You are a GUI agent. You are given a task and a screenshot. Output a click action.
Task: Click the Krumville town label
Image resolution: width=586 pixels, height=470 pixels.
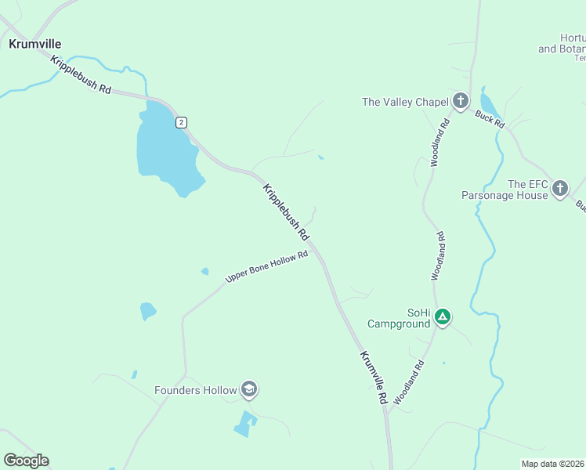(34, 45)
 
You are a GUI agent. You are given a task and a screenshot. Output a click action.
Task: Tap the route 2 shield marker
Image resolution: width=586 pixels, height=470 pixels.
(181, 122)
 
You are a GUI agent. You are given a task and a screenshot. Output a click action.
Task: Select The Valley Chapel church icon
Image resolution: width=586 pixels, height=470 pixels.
(460, 101)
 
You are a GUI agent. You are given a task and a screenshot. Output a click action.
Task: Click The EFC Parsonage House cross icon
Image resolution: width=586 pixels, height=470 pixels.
(559, 189)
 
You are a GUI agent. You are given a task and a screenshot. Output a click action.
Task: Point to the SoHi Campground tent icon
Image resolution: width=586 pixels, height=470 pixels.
(443, 317)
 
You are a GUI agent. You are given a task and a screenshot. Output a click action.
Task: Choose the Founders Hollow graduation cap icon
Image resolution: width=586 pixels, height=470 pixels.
(249, 389)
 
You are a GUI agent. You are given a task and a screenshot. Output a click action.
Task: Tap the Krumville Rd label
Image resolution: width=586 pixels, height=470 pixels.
(374, 377)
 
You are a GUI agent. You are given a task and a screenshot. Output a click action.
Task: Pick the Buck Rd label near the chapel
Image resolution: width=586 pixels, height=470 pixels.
(490, 119)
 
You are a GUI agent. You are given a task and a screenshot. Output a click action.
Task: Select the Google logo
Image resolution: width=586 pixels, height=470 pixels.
(26, 461)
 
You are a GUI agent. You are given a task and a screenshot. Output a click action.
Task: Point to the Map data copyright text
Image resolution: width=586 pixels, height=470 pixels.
(553, 464)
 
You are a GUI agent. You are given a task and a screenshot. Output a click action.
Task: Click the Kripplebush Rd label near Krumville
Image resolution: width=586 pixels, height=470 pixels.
(81, 74)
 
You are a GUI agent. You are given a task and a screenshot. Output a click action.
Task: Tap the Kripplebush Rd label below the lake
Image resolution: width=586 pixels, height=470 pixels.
(285, 211)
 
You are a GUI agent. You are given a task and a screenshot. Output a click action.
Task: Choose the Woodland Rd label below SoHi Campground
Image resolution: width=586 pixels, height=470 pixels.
(409, 382)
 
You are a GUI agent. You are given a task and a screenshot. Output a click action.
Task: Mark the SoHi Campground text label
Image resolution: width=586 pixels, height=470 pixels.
(400, 317)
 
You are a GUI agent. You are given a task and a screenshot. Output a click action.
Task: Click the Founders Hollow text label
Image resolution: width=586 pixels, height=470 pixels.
(195, 389)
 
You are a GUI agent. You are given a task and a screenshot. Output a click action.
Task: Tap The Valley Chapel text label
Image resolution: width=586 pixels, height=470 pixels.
(404, 101)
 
